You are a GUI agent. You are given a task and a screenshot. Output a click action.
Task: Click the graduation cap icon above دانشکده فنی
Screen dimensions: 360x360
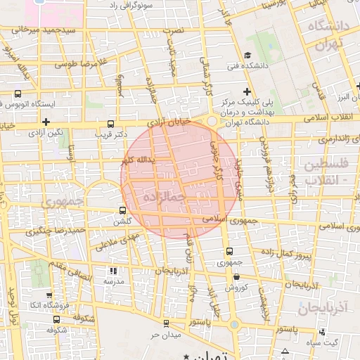247,56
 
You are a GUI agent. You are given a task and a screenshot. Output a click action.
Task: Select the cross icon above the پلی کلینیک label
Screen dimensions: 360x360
247,91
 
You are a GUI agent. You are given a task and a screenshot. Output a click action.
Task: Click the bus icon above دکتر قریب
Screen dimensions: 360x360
110,123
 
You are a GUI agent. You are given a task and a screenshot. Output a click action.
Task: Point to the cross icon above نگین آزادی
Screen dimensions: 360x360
46,122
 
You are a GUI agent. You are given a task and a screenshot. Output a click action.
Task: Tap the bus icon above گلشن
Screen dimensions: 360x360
124,210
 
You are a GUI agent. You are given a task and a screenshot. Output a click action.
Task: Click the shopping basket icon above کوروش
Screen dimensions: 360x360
233,276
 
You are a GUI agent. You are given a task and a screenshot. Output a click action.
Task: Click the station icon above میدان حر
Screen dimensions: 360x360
165,323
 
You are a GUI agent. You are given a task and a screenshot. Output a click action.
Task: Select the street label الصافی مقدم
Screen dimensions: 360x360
70,271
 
